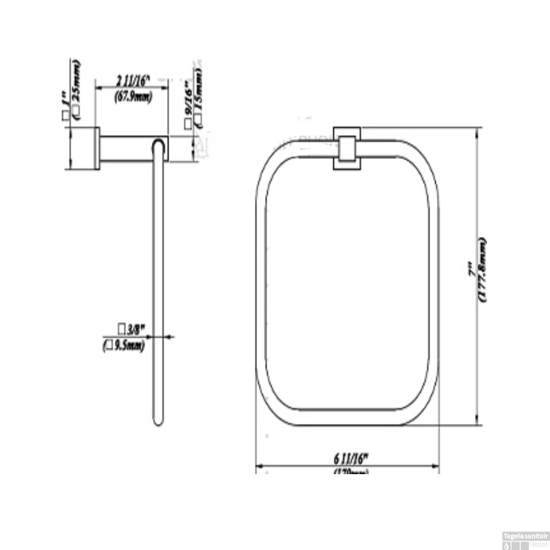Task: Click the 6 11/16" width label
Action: pos(351,458)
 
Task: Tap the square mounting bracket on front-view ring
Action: pos(347,148)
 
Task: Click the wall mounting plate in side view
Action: pos(97,148)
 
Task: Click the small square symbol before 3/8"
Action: pos(121,329)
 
